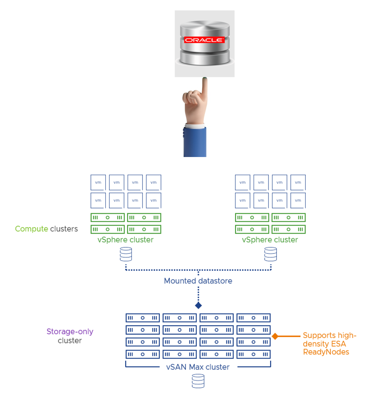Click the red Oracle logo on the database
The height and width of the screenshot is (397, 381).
[x=204, y=40]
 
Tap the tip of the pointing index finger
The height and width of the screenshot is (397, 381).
[x=204, y=80]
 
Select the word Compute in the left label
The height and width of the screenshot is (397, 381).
[x=31, y=229]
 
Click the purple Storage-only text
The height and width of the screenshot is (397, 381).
[x=70, y=332]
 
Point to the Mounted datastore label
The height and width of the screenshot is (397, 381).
[x=198, y=281]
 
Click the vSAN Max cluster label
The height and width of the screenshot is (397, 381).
[x=198, y=367]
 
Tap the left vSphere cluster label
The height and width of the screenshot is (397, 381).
[x=125, y=240]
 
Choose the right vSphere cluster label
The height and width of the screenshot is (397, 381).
[x=270, y=240]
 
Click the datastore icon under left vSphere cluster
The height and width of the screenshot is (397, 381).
[x=126, y=254]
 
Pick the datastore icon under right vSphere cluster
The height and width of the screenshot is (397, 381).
[x=270, y=254]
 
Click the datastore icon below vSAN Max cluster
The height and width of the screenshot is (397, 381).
[x=198, y=381]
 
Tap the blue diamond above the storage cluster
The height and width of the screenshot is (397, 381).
[x=198, y=306]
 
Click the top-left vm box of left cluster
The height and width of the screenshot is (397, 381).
[x=98, y=183]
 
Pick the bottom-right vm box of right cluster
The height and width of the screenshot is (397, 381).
[x=298, y=201]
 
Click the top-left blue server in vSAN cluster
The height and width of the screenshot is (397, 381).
[x=143, y=318]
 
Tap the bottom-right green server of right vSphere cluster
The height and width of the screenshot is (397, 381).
[x=288, y=230]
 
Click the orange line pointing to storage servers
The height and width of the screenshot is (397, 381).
[x=289, y=336]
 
